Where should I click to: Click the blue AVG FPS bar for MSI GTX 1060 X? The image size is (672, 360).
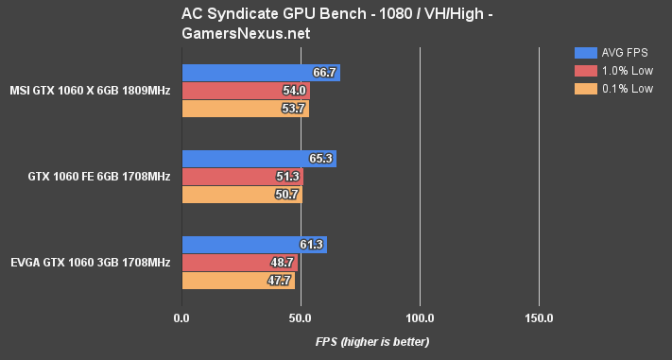click(x=260, y=73)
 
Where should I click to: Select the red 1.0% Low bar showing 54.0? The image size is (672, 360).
click(x=245, y=91)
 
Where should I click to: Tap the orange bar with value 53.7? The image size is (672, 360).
click(x=245, y=109)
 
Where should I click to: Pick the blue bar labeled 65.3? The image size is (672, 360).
click(x=258, y=159)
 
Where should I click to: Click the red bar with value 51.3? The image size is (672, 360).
click(x=242, y=177)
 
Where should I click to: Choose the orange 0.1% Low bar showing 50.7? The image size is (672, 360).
click(x=241, y=195)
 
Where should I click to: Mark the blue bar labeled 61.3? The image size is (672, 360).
click(x=253, y=245)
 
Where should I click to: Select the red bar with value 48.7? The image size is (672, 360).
click(x=239, y=263)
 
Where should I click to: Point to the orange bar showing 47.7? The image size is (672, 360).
click(x=237, y=281)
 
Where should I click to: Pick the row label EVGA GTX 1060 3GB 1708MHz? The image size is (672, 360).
click(x=91, y=263)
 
